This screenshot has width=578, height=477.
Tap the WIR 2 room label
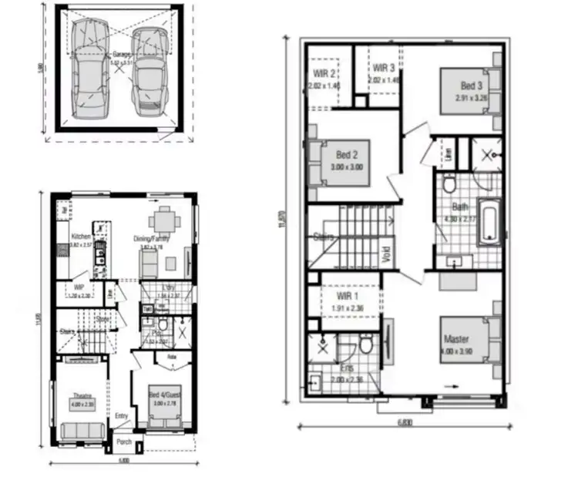[x=324, y=74]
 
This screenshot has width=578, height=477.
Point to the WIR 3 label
[x=381, y=68]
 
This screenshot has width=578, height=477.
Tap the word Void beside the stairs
[x=385, y=253]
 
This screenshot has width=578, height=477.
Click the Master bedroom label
[x=456, y=339]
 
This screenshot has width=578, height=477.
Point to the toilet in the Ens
[x=367, y=344]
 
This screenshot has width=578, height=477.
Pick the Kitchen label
[x=81, y=237]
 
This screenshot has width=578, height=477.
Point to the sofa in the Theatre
[x=82, y=431]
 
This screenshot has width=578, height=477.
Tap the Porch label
[x=123, y=442]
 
